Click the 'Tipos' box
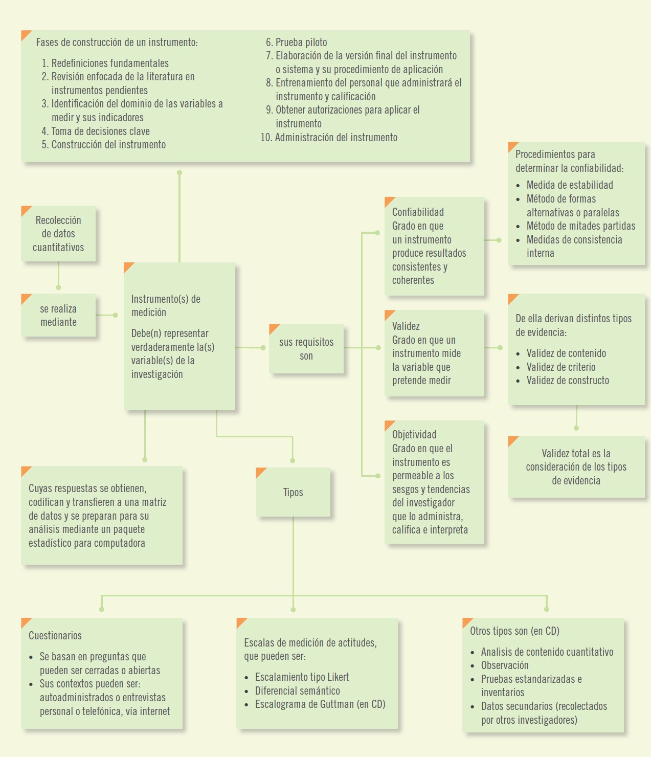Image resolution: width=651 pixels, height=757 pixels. (x=293, y=492)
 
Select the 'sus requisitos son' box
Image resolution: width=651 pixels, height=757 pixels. (x=306, y=349)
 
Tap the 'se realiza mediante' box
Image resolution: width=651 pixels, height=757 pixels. (x=58, y=315)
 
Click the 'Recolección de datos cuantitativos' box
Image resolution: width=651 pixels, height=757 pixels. (x=58, y=234)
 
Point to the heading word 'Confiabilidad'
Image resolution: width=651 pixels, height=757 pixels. (x=418, y=212)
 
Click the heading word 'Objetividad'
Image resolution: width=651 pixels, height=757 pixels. (x=414, y=435)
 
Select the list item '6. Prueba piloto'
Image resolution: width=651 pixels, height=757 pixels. (x=297, y=42)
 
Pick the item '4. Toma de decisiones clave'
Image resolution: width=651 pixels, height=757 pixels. (x=96, y=131)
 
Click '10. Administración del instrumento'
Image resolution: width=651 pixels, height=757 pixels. (x=329, y=138)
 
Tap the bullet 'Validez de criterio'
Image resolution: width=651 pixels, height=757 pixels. (x=561, y=367)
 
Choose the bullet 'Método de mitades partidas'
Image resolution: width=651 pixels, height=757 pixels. (x=581, y=226)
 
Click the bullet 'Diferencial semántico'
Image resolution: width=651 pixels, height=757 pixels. (x=298, y=691)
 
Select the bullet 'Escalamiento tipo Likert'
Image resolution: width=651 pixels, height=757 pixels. (x=302, y=677)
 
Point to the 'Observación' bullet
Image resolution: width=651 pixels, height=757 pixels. (x=505, y=665)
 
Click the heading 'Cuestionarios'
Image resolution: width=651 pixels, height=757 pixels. (x=55, y=636)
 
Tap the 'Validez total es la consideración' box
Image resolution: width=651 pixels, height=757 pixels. (x=576, y=466)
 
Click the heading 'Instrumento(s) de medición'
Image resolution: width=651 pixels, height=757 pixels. (x=166, y=305)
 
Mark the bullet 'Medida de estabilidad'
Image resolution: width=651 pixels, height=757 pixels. (x=570, y=185)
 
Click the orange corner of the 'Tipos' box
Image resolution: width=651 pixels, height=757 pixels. (x=260, y=472)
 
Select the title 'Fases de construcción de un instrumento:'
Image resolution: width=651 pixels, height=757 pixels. (x=117, y=42)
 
